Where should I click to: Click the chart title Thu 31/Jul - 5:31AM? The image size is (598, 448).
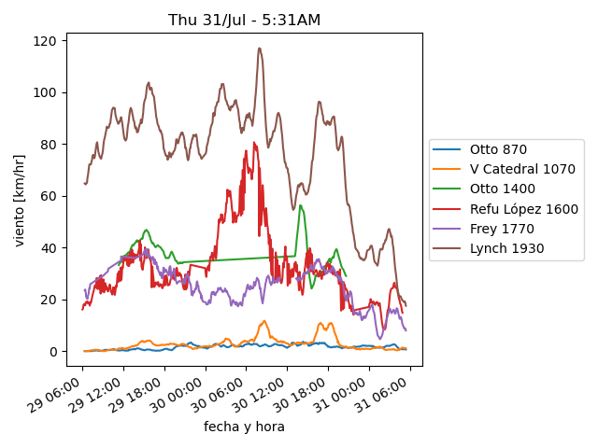tap(243, 20)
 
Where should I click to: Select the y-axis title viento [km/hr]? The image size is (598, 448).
tap(20, 200)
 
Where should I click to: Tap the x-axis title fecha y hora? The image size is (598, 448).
tap(244, 427)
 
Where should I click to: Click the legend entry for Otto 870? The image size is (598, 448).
tap(500, 149)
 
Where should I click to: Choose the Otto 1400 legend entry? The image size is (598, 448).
tap(504, 189)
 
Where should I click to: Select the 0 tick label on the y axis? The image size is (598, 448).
tap(53, 352)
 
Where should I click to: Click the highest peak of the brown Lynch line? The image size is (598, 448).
tap(260, 49)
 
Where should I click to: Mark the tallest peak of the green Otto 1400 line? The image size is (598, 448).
tap(300, 206)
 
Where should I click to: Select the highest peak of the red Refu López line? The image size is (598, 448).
tap(253, 143)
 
